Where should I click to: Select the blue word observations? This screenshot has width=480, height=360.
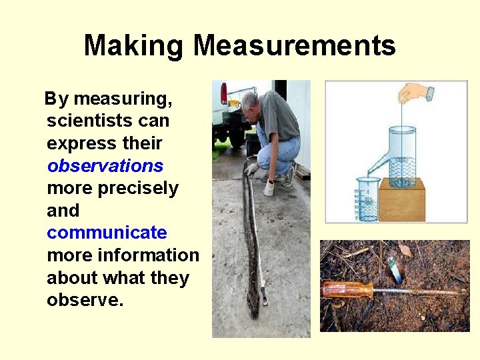105,165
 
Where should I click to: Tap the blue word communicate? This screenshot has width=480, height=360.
107,233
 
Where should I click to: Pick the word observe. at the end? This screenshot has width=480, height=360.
85,300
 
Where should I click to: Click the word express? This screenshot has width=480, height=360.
74,143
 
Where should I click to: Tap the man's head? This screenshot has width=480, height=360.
250,101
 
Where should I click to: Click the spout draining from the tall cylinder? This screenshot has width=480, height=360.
377,163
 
